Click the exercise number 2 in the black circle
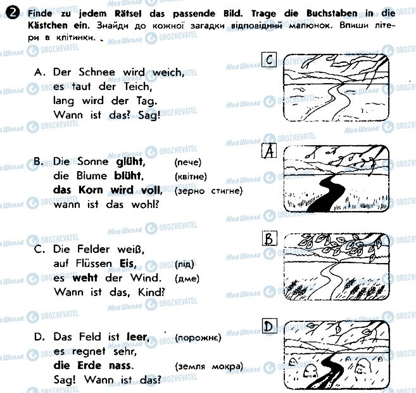[12, 13]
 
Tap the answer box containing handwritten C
[268, 60]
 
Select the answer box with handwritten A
[269, 151]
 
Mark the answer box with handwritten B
[269, 238]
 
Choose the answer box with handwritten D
[269, 326]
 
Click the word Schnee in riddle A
[97, 72]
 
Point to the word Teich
[138, 86]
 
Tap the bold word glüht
[130, 162]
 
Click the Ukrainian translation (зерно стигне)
[208, 191]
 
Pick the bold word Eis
[128, 264]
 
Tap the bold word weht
[85, 278]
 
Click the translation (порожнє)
[198, 338]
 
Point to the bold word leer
[138, 337]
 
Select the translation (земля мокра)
[209, 367]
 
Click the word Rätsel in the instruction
[128, 13]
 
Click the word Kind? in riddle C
[151, 292]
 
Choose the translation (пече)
[188, 162]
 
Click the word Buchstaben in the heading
[332, 13]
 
